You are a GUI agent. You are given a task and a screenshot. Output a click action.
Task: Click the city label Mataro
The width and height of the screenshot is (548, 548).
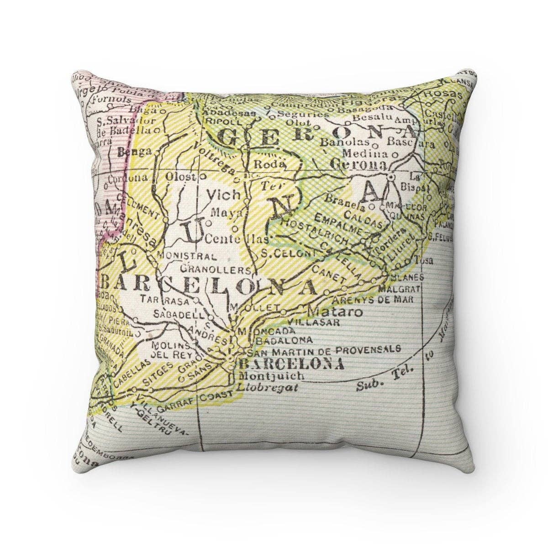coord(335,312)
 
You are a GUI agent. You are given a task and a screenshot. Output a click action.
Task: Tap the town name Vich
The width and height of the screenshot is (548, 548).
coord(223,195)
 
